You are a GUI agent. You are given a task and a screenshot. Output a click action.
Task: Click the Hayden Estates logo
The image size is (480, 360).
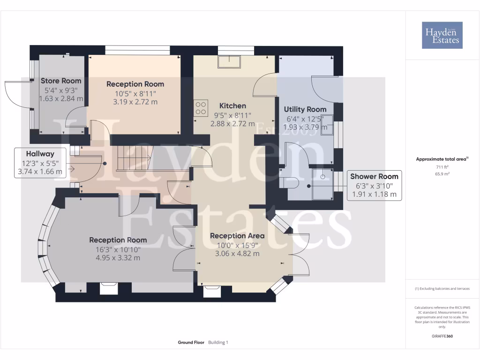click(x=442, y=35)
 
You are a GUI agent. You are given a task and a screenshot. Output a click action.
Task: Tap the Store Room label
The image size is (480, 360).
click(x=61, y=81)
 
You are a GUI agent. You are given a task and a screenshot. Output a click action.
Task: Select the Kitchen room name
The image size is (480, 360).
click(x=232, y=105)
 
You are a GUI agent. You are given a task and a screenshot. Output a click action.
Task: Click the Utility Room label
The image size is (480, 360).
click(x=305, y=109)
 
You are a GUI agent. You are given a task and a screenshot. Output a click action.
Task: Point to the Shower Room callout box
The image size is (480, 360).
click(x=374, y=185)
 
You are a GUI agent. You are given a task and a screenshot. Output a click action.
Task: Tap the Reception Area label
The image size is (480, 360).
click(x=237, y=236)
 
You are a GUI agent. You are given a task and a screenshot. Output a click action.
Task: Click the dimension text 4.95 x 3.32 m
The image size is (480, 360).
click(x=118, y=258)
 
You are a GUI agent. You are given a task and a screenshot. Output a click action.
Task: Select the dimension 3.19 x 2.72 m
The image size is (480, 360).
click(x=135, y=102)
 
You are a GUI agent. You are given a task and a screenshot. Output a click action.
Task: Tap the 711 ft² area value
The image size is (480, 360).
click(x=442, y=166)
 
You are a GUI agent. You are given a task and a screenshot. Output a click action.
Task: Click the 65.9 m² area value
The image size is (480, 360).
click(x=442, y=173)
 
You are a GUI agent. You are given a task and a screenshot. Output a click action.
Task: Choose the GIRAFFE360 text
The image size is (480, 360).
click(x=442, y=336)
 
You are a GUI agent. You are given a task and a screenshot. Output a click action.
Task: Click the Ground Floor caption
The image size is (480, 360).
click(x=191, y=343)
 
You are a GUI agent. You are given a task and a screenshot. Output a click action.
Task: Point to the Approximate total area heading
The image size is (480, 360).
click(x=442, y=159)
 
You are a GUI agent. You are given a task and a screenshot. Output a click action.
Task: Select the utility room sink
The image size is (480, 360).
click(x=327, y=124)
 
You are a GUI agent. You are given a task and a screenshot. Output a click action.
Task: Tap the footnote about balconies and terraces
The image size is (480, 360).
click(x=442, y=289)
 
